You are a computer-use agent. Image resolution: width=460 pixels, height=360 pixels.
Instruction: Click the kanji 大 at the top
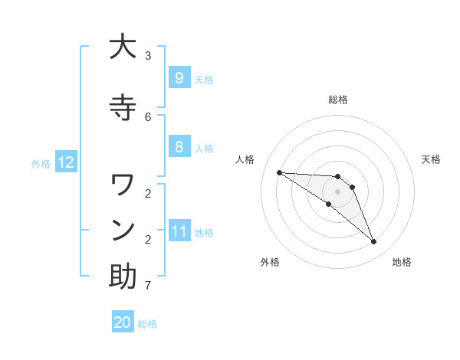click(x=123, y=47)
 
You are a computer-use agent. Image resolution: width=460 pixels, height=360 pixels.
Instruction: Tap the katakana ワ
click(x=123, y=185)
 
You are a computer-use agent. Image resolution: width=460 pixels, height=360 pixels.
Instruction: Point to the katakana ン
click(x=123, y=230)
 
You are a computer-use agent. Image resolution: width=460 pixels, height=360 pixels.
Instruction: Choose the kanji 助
click(x=123, y=277)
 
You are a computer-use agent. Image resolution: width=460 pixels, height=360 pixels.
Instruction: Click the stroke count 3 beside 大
click(x=148, y=56)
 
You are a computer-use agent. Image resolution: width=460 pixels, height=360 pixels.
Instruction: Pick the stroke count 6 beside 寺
click(x=148, y=116)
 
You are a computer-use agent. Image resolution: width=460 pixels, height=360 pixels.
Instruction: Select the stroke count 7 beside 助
click(x=148, y=286)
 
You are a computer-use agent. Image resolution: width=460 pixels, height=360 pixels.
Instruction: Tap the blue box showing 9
click(x=179, y=77)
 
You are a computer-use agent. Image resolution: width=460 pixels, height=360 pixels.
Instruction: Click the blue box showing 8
click(x=179, y=147)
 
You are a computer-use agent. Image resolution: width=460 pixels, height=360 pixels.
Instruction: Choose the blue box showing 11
click(x=179, y=231)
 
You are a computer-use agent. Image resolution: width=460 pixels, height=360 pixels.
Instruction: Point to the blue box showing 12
click(x=65, y=162)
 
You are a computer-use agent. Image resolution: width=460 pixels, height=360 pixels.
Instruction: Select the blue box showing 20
click(x=123, y=322)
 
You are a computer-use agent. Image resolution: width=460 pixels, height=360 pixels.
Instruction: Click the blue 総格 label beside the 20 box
click(x=148, y=324)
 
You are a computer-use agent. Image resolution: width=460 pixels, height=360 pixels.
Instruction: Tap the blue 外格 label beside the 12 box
click(x=41, y=163)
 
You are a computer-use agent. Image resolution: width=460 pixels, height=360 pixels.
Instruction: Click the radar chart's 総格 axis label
click(x=338, y=100)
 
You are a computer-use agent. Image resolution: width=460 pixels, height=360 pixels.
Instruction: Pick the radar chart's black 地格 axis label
click(x=402, y=262)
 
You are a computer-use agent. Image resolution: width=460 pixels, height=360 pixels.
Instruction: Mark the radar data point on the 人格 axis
click(x=279, y=172)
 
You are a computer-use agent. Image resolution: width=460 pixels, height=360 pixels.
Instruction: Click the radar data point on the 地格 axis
click(x=374, y=242)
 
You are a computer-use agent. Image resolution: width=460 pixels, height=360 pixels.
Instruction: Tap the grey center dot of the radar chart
click(x=337, y=191)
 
